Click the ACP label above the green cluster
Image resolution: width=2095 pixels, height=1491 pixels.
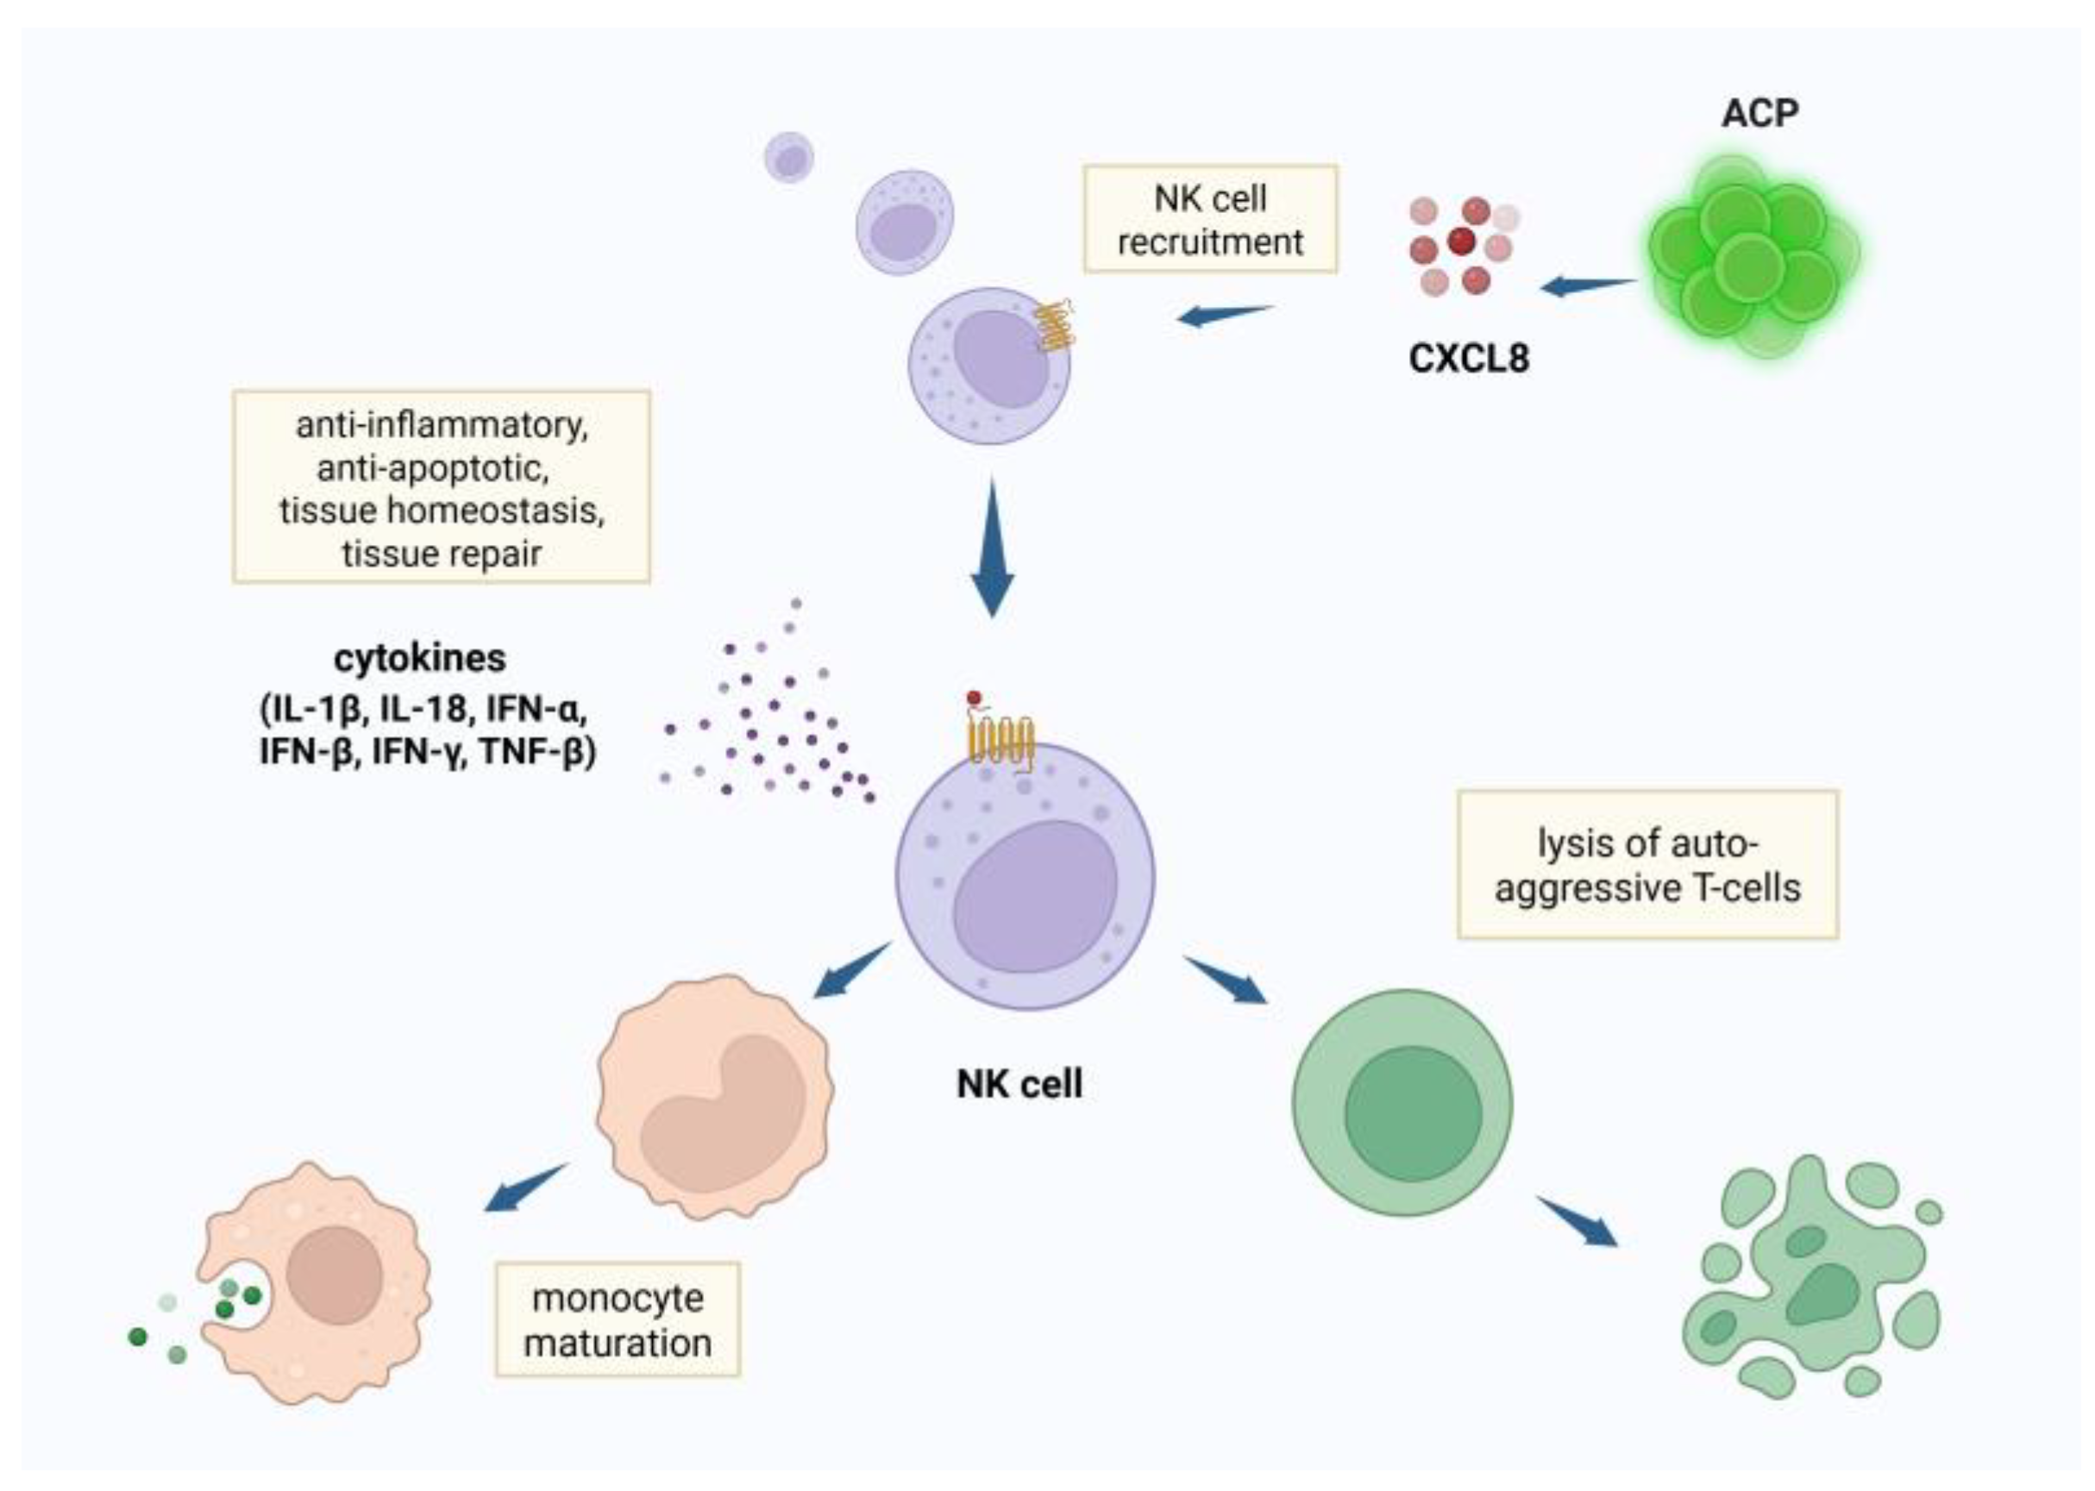point(1758,114)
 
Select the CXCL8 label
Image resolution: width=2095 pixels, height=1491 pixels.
point(1469,358)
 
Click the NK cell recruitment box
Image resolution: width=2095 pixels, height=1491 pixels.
point(1209,219)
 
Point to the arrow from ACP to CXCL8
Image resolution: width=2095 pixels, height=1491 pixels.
point(1588,286)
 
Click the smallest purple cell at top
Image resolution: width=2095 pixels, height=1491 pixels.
point(788,158)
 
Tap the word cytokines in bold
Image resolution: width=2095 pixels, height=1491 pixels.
point(419,658)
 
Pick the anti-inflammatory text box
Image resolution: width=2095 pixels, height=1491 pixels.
point(441,487)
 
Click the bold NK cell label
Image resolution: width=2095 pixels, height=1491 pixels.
point(1019,1084)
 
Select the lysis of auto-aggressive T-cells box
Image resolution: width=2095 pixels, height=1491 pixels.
point(1647,865)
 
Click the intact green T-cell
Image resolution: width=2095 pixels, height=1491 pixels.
point(1402,1103)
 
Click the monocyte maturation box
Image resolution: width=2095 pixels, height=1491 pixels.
point(617,1320)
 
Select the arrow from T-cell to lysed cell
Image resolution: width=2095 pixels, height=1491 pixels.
point(1578,1222)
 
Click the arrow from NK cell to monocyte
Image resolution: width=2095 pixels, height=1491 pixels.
point(850,971)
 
